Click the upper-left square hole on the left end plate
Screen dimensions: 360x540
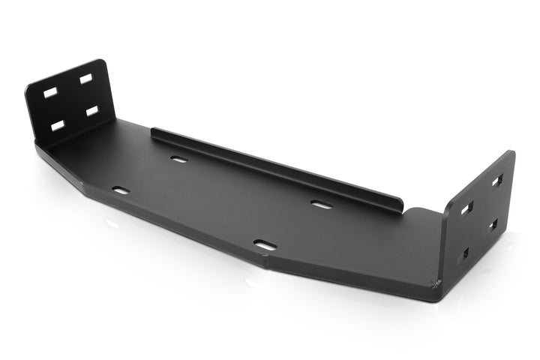click(x=50, y=93)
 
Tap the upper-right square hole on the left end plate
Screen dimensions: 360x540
click(x=86, y=78)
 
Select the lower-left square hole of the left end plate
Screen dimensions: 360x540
click(x=57, y=125)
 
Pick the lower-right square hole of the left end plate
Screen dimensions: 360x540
click(x=92, y=110)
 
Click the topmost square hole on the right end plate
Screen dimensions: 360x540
click(x=497, y=181)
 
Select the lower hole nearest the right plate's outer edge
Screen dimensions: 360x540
click(x=493, y=225)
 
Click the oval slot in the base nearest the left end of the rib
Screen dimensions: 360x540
click(x=178, y=159)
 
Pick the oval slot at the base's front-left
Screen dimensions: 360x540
click(x=121, y=190)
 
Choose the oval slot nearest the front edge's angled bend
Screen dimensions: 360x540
click(x=265, y=244)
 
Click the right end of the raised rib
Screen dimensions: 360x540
click(x=403, y=205)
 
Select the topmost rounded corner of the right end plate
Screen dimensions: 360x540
click(x=511, y=153)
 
